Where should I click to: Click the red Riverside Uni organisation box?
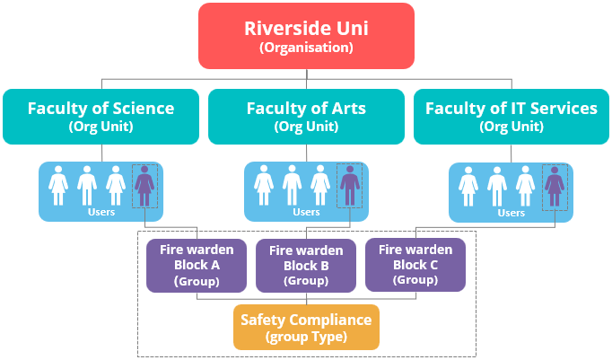click(x=306, y=36)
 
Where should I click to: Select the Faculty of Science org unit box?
click(x=101, y=117)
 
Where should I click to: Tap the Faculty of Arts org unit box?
click(x=306, y=117)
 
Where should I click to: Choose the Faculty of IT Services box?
click(x=511, y=117)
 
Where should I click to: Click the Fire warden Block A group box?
click(x=197, y=265)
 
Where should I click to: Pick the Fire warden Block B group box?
click(x=306, y=266)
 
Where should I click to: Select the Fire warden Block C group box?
click(x=415, y=264)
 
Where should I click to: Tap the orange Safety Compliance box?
click(x=306, y=327)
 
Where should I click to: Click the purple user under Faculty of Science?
click(x=144, y=186)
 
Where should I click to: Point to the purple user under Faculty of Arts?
click(x=350, y=186)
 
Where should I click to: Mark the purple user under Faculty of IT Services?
click(x=555, y=186)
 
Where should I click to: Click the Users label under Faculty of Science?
click(x=101, y=212)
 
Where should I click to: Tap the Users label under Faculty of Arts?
click(x=306, y=212)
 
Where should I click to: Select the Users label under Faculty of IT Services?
click(x=511, y=213)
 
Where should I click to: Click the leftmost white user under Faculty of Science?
click(x=58, y=186)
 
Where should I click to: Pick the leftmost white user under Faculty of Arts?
click(x=264, y=186)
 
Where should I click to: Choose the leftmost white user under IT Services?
click(x=468, y=186)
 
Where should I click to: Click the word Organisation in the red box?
click(x=306, y=48)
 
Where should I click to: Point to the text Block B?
click(x=306, y=266)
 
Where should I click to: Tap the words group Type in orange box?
click(x=306, y=337)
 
